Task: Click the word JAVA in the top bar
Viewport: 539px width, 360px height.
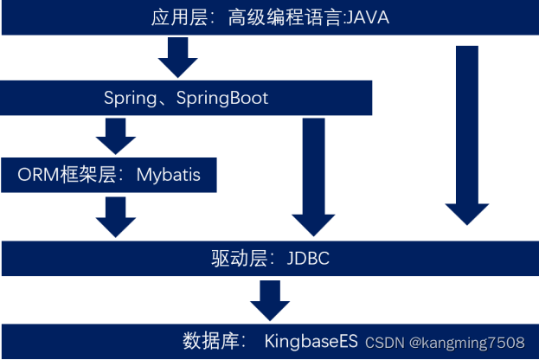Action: tap(367, 16)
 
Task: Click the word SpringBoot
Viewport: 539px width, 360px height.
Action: tap(222, 98)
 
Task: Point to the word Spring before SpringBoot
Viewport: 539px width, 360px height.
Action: tap(128, 98)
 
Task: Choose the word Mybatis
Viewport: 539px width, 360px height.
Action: tap(168, 175)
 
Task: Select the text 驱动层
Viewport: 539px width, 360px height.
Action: tap(239, 257)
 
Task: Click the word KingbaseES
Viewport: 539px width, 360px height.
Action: tap(311, 340)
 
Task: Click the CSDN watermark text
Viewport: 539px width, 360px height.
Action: tap(384, 343)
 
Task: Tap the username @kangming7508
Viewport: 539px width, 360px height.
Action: tap(467, 343)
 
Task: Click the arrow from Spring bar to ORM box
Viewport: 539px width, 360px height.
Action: tap(112, 136)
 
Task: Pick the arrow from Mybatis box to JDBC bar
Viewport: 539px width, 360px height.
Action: tap(116, 215)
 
